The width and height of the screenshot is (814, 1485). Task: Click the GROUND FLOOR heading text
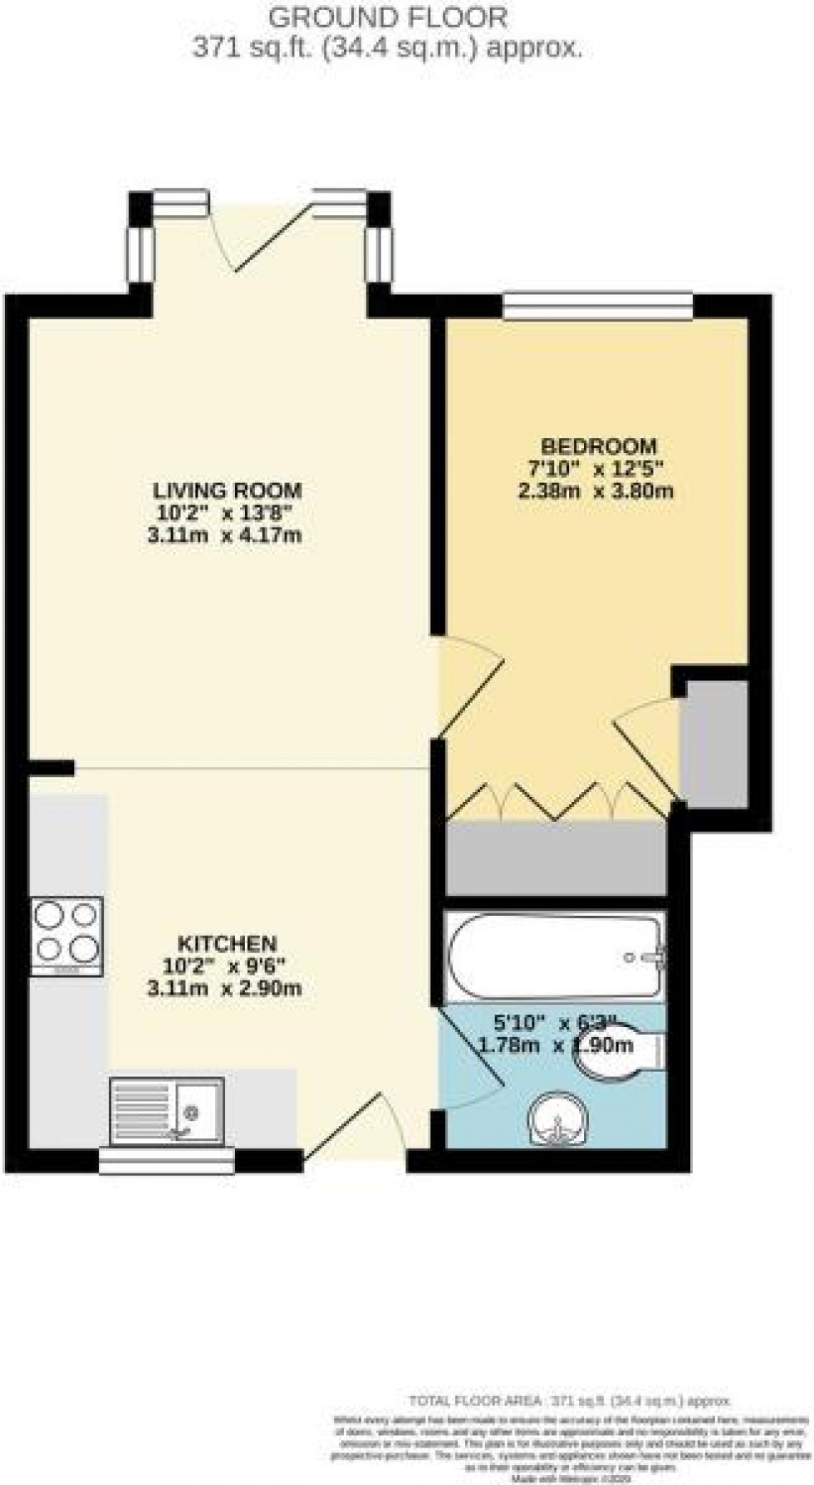(x=388, y=17)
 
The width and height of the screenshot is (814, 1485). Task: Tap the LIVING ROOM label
(x=226, y=489)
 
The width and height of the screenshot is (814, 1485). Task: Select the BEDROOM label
(x=598, y=445)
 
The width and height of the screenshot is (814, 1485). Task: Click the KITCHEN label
(x=227, y=943)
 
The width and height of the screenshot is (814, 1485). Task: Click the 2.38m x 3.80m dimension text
(x=595, y=490)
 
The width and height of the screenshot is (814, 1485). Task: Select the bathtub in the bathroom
(x=555, y=956)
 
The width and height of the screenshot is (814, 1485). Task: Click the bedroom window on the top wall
(x=598, y=305)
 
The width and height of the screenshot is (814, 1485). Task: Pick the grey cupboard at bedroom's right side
(x=714, y=744)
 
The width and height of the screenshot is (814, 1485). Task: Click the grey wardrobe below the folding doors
(x=557, y=858)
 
